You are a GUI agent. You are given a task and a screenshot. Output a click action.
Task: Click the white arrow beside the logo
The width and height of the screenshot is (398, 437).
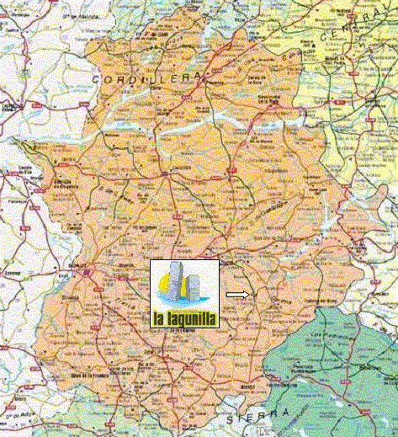238,295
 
